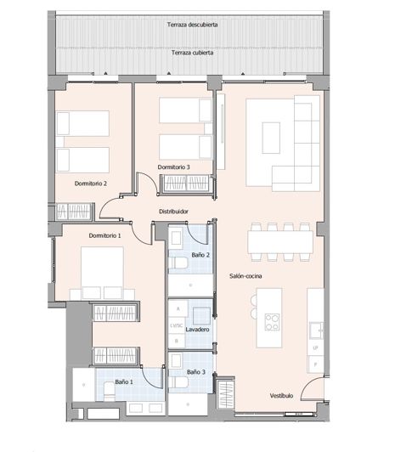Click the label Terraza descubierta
click(192, 25)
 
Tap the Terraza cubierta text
click(192, 53)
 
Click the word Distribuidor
click(173, 212)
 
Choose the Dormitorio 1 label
click(106, 235)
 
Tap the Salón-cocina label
click(246, 276)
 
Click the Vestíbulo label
click(281, 396)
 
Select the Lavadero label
click(197, 328)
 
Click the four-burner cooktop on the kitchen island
click(274, 321)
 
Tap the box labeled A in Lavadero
click(178, 310)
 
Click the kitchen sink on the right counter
click(315, 328)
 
